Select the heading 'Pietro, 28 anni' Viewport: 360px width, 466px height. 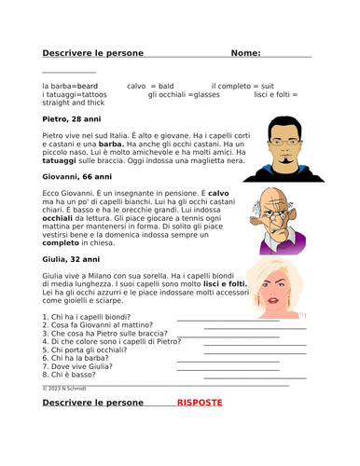74,119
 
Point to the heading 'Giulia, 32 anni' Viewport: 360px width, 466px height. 73,257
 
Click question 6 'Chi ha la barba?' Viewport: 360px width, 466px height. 78,358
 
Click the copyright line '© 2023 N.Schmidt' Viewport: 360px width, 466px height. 64,387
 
